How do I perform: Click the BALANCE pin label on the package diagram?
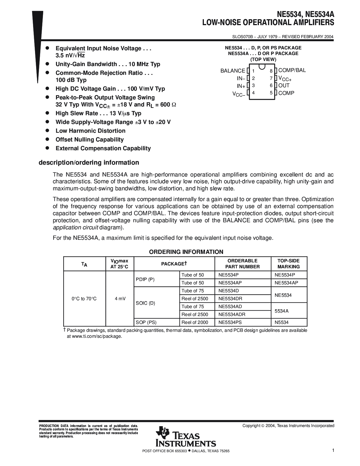click(233, 71)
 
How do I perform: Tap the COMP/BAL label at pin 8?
click(292, 70)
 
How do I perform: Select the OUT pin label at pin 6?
click(284, 86)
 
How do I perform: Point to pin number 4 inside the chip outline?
click(253, 93)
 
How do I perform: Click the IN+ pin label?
click(241, 86)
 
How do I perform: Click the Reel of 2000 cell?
click(195, 322)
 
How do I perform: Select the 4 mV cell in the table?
click(120, 299)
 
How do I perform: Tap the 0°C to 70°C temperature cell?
click(84, 299)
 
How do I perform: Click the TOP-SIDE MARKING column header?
click(288, 264)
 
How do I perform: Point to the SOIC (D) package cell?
click(145, 303)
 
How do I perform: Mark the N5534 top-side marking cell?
click(282, 322)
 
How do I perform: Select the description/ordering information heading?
click(89, 163)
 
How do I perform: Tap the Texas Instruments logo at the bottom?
click(186, 437)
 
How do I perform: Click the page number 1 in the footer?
click(333, 450)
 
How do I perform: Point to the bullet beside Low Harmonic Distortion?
click(48, 130)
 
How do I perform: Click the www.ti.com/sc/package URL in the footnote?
click(97, 336)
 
